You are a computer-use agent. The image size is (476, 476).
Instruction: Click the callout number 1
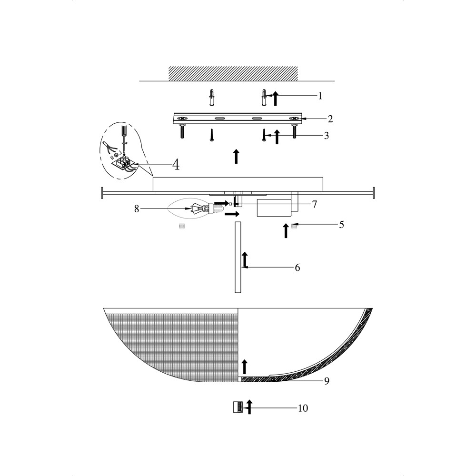pyautogui.click(x=320, y=96)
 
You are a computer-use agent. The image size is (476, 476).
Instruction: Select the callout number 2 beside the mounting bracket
pyautogui.click(x=330, y=119)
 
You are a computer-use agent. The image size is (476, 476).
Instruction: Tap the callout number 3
pyautogui.click(x=327, y=135)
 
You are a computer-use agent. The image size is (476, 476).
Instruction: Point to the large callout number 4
pyautogui.click(x=176, y=165)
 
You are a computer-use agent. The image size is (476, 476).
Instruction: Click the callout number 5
pyautogui.click(x=341, y=225)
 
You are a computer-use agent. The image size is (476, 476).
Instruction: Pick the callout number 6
pyautogui.click(x=297, y=268)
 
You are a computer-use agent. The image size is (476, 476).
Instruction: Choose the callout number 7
pyautogui.click(x=314, y=204)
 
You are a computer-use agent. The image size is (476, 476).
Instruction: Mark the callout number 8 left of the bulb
pyautogui.click(x=137, y=209)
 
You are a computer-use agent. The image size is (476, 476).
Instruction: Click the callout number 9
pyautogui.click(x=327, y=381)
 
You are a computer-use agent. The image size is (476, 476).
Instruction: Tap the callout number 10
pyautogui.click(x=303, y=408)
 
